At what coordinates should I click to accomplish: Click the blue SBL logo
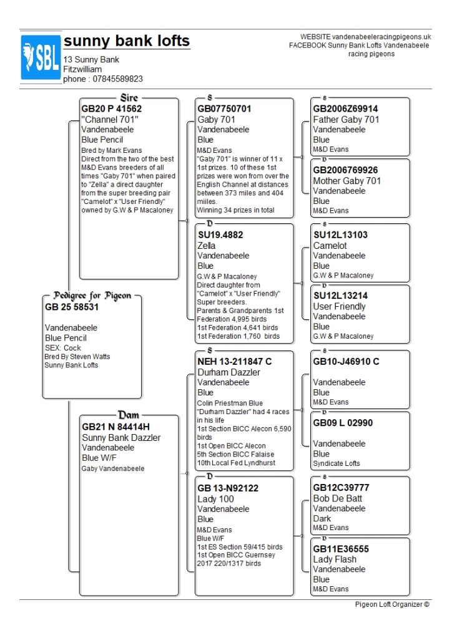[41, 57]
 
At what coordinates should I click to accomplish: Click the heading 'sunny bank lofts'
[127, 41]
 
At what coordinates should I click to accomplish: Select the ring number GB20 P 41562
[112, 109]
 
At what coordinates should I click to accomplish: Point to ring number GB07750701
[224, 109]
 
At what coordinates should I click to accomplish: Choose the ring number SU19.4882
[220, 235]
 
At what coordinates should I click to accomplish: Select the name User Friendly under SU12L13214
[339, 306]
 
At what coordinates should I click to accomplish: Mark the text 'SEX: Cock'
[63, 347]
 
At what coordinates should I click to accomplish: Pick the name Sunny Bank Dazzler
[121, 438]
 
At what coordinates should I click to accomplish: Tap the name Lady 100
[215, 499]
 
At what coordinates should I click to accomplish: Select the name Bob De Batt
[338, 498]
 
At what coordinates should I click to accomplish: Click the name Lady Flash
[335, 559]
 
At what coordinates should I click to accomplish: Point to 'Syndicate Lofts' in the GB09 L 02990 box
[337, 463]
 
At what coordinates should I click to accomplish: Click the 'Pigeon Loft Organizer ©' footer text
[392, 604]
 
